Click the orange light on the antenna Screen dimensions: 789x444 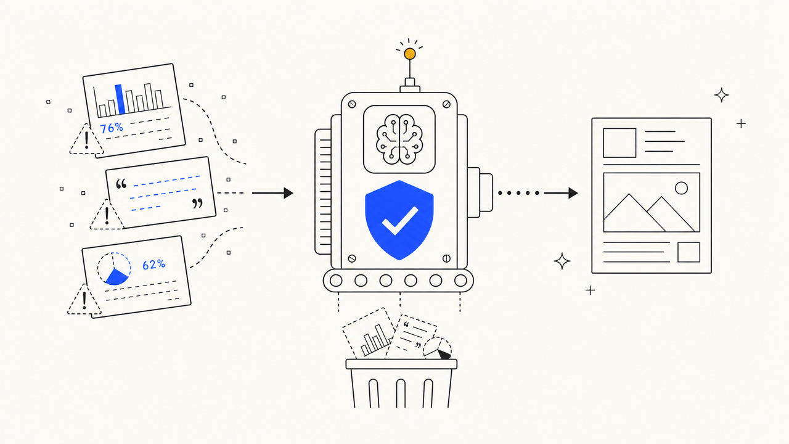coord(410,54)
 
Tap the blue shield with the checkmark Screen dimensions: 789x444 coord(399,220)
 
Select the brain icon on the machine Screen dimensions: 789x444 coord(399,139)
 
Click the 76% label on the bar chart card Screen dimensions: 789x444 coord(112,128)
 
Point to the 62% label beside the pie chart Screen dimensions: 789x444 coord(153,265)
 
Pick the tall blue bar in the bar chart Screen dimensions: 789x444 coord(120,99)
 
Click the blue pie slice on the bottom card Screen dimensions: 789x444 coord(117,277)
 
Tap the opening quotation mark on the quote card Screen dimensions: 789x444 coord(121,184)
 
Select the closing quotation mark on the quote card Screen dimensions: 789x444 coord(197,203)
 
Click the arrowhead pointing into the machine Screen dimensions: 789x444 coord(288,193)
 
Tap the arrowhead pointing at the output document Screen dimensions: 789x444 coord(573,193)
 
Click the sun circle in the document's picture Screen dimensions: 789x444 coord(681,188)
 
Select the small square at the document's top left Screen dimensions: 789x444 coord(619,142)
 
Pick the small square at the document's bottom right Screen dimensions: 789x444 coord(689,252)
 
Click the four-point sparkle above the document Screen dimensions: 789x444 coord(721,95)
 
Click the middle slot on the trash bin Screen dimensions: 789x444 coord(401,393)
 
